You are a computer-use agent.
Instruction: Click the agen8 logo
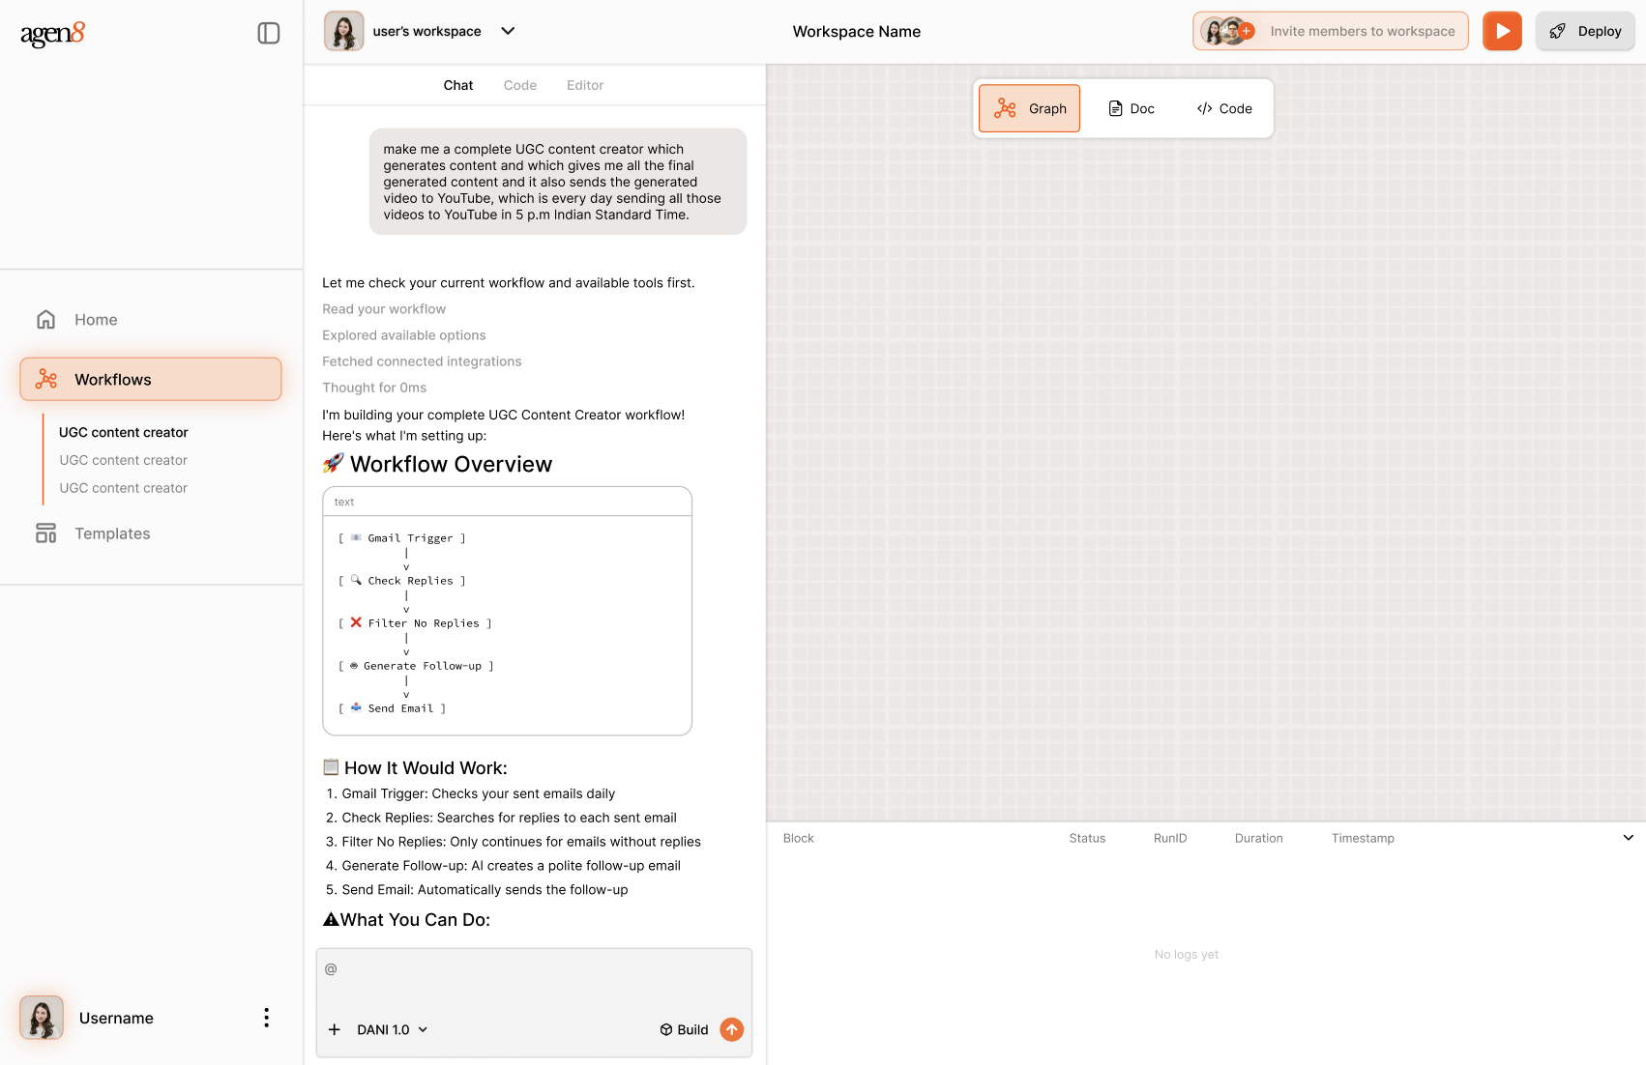pos(53,34)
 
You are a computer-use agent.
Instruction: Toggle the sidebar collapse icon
pos(268,33)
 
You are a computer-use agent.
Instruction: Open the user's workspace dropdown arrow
pos(508,31)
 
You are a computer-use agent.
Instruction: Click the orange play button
pos(1501,31)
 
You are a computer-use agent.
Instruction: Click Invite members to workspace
pos(1330,31)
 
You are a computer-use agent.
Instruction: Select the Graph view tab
pos(1029,108)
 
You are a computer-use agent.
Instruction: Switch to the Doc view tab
pos(1131,108)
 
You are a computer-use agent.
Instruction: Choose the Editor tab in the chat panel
pos(585,85)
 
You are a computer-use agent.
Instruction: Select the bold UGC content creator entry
pos(124,432)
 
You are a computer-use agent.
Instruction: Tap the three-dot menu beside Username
pos(266,1018)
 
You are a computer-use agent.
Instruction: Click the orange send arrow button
pos(731,1029)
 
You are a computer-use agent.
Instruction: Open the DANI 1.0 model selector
pos(392,1030)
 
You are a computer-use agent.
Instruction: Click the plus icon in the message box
pos(335,1030)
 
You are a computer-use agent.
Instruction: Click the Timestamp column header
pos(1363,838)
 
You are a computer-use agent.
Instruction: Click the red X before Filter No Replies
pos(356,622)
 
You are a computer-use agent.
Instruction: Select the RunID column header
pos(1170,838)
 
